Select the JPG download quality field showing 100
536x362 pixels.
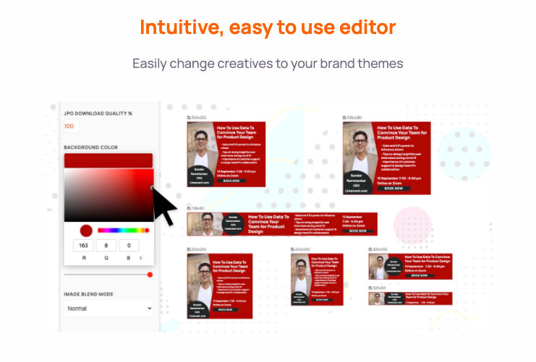coord(69,126)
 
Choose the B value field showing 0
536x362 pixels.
coord(129,246)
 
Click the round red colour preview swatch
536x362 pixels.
coord(86,230)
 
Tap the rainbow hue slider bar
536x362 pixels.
coord(122,230)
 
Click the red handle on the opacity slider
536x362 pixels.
coord(150,275)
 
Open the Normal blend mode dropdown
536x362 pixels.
coord(109,309)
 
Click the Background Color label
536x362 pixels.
coord(91,147)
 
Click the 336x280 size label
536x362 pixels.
coord(354,117)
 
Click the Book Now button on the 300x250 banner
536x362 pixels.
coord(231,181)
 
